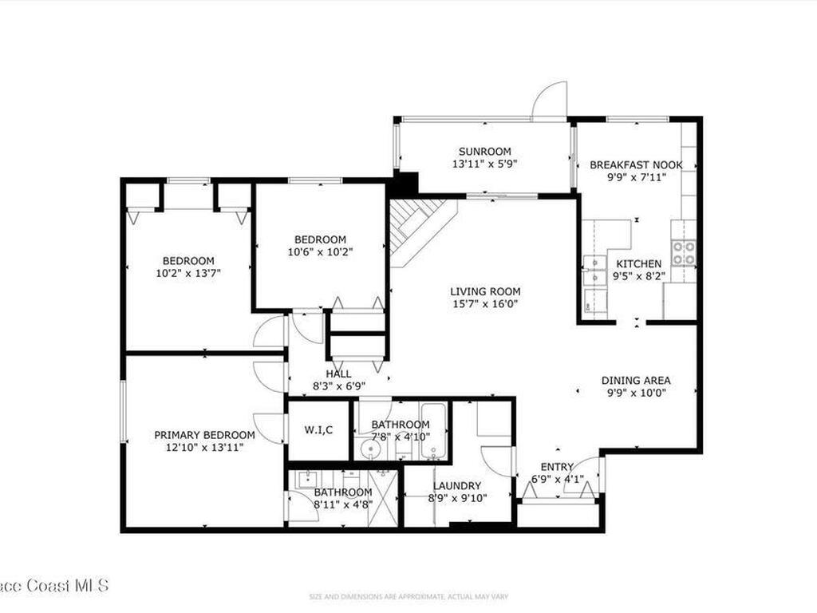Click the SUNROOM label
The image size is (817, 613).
click(x=484, y=152)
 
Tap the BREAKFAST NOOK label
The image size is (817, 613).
click(x=636, y=165)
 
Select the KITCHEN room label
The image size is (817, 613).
click(x=636, y=264)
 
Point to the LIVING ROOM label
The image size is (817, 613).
click(x=485, y=292)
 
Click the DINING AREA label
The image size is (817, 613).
click(x=635, y=381)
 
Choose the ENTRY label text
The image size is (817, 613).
click(x=557, y=468)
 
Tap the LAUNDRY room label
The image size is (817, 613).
click(x=457, y=486)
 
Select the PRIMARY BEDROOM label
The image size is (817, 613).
click(x=204, y=435)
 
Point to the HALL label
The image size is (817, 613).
click(x=338, y=374)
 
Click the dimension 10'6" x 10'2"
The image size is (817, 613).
click(x=320, y=251)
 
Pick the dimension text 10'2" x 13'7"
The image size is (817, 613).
click(x=188, y=272)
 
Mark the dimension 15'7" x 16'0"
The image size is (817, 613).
click(x=485, y=304)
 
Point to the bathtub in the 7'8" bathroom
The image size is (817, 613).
click(x=433, y=435)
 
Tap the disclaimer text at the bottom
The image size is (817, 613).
click(x=408, y=595)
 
